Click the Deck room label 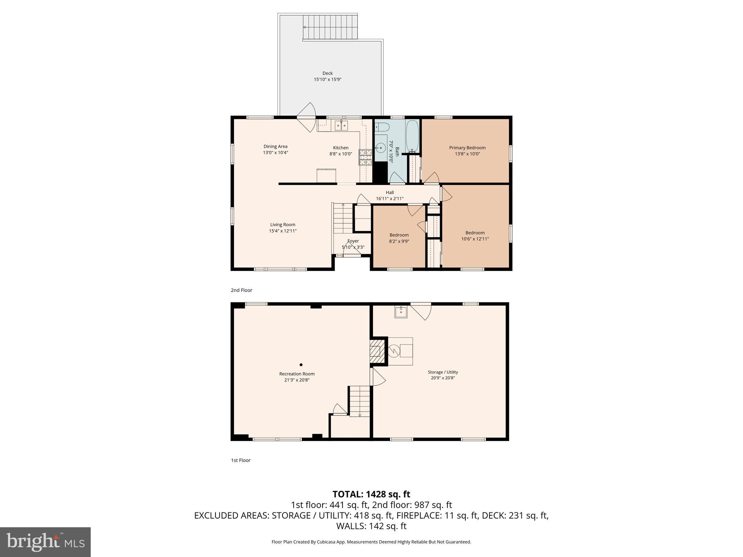click(327, 73)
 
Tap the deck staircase click(330, 27)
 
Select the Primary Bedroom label click(467, 148)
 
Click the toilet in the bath click(382, 127)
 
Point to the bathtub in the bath click(412, 136)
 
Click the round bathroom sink click(381, 148)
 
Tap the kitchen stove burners click(366, 157)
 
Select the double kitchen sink click(341, 125)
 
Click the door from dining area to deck click(307, 117)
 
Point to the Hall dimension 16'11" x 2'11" click(390, 199)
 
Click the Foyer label click(353, 241)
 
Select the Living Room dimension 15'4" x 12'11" click(283, 231)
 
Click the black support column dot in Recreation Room click(301, 365)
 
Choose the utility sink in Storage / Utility click(401, 311)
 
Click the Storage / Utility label click(443, 372)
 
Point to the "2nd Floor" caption click(241, 290)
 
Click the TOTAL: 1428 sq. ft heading click(371, 494)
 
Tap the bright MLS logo click(45, 542)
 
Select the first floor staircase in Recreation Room click(360, 401)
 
